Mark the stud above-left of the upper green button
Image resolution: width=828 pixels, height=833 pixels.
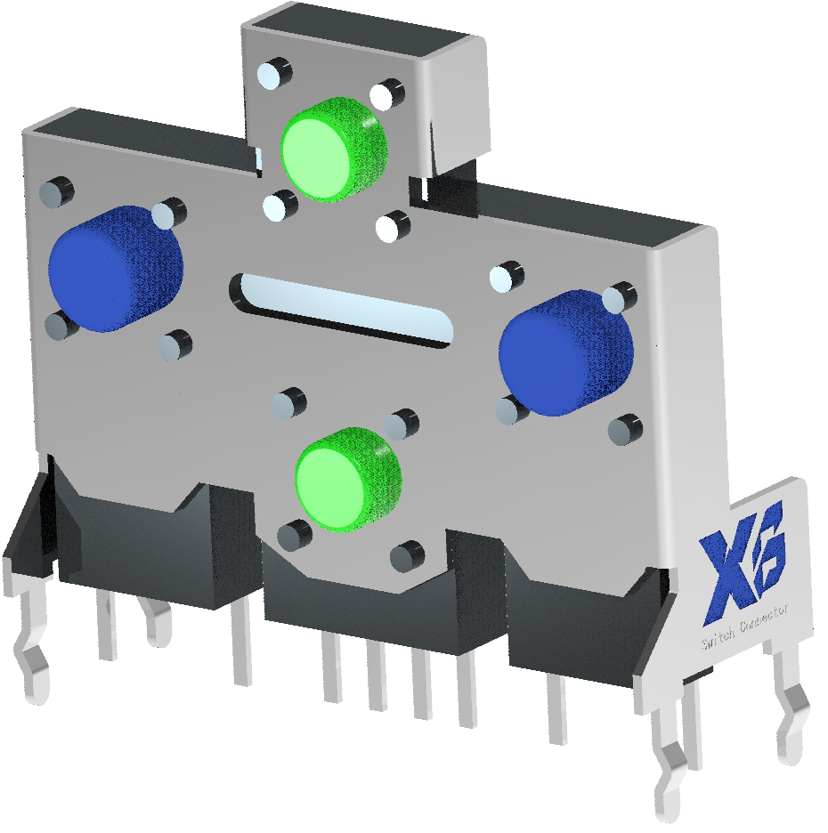pyautogui.click(x=275, y=74)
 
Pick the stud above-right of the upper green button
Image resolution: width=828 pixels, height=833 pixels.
pyautogui.click(x=387, y=94)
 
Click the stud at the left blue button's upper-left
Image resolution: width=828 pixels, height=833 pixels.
pyautogui.click(x=56, y=191)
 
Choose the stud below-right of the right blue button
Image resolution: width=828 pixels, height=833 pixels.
pyautogui.click(x=625, y=430)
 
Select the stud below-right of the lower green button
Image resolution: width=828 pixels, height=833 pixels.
pyautogui.click(x=407, y=556)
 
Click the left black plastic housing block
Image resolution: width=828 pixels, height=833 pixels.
pyautogui.click(x=142, y=552)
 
